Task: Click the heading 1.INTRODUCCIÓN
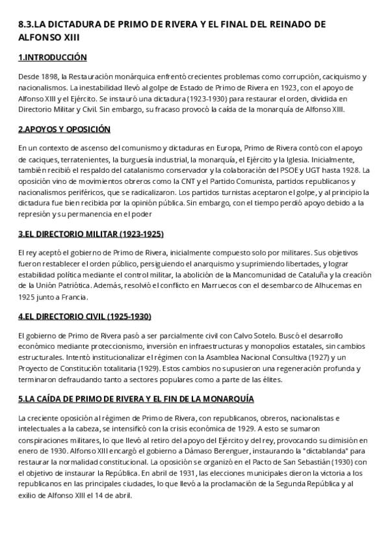[x=53, y=58]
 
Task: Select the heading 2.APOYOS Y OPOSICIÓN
[x=64, y=129]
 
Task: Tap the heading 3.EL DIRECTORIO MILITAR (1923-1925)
[x=90, y=234]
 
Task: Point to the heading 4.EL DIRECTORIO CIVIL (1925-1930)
[x=84, y=316]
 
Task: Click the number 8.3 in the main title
[x=25, y=24]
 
